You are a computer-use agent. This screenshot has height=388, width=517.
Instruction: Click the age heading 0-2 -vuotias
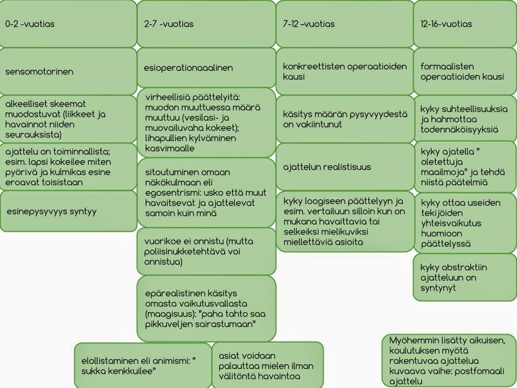(30, 24)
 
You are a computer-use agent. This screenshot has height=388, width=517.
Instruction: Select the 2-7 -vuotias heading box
(206, 24)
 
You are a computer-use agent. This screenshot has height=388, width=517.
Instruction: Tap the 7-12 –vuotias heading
(309, 24)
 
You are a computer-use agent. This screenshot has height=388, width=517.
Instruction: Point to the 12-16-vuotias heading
(446, 24)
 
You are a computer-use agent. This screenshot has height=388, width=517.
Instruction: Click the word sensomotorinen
(39, 72)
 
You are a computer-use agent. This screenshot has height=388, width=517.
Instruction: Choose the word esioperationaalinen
(188, 68)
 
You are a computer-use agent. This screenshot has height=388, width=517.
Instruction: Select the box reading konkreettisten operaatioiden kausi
(345, 71)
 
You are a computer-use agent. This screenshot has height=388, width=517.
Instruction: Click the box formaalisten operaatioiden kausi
(465, 71)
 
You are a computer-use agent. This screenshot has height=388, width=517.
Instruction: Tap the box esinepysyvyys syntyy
(68, 211)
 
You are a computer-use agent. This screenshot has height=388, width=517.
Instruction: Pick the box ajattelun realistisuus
(345, 167)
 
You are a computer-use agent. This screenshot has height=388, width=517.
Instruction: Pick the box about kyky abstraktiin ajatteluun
(465, 278)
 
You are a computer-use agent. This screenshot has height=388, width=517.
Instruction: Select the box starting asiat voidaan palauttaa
(268, 365)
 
